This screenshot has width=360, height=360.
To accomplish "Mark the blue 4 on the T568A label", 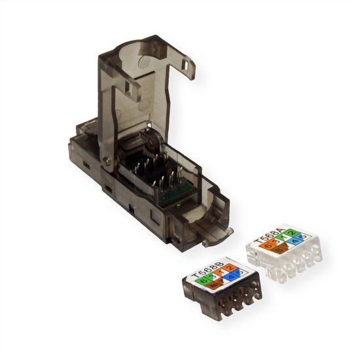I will pos(294,240).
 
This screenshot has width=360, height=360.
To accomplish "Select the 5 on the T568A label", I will pos(304,238).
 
